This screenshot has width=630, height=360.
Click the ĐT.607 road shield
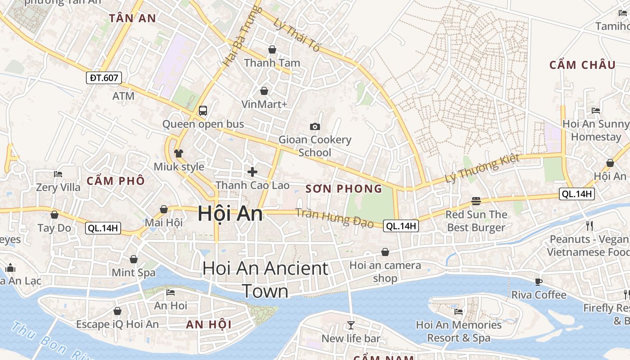pos(104,78)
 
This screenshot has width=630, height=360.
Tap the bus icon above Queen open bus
pos(203,110)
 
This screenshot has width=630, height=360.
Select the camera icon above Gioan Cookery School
pos(315,126)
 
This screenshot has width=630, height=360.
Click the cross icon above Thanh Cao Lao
pos(252,171)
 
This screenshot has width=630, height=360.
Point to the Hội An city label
pos(230,213)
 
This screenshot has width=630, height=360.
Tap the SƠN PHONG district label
pos(344,189)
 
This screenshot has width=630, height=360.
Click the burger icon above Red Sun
pos(476,201)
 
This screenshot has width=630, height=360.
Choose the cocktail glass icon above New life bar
pos(351,325)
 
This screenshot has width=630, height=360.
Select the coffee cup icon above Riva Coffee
pos(538,282)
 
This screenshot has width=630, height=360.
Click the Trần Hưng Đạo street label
pos(335,218)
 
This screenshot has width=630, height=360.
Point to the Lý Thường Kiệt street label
pos(482,168)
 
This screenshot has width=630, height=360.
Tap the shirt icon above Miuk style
pos(179,153)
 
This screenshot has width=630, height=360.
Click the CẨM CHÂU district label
pos(582,65)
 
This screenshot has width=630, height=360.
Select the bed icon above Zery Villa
pos(58,174)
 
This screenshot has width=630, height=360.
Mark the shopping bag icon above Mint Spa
pos(134,259)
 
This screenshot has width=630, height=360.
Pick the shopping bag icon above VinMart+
pos(264,91)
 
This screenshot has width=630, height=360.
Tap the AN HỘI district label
pos(209,324)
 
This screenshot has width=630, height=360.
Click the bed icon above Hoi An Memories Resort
pos(459,311)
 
